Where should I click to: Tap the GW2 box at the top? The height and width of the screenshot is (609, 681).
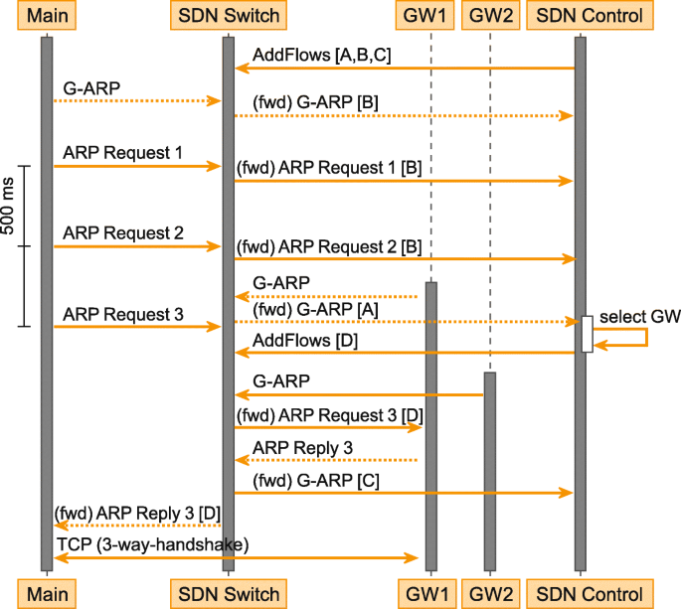pos(490,16)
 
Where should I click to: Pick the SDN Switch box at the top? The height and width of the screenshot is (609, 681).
pos(228,16)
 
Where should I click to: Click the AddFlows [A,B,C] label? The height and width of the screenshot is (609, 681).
pos(322,55)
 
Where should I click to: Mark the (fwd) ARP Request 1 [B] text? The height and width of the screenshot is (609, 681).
pos(329,169)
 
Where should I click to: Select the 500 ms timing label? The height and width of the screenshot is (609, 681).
pos(9,210)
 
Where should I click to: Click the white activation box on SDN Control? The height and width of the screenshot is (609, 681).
pos(588,334)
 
